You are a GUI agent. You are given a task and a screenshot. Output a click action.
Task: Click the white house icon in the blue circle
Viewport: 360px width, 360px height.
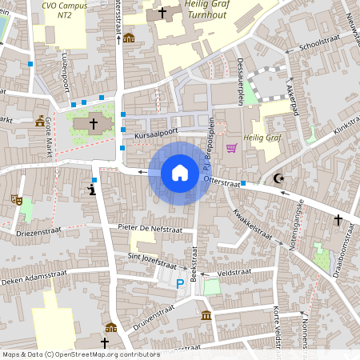[x=180, y=173]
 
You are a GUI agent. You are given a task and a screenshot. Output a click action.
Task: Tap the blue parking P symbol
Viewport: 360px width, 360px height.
[x=179, y=283]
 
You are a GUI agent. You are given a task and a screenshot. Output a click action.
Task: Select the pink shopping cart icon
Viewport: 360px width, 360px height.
[x=232, y=148]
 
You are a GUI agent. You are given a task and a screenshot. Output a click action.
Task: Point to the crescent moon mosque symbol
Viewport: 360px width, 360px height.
[x=278, y=178]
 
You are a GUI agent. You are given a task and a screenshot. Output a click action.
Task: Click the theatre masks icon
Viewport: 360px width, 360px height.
[x=16, y=198]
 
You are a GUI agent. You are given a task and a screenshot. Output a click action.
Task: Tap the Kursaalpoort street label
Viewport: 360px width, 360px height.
[x=155, y=136]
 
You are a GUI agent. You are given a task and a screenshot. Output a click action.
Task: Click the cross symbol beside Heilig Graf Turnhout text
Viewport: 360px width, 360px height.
[x=162, y=13]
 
